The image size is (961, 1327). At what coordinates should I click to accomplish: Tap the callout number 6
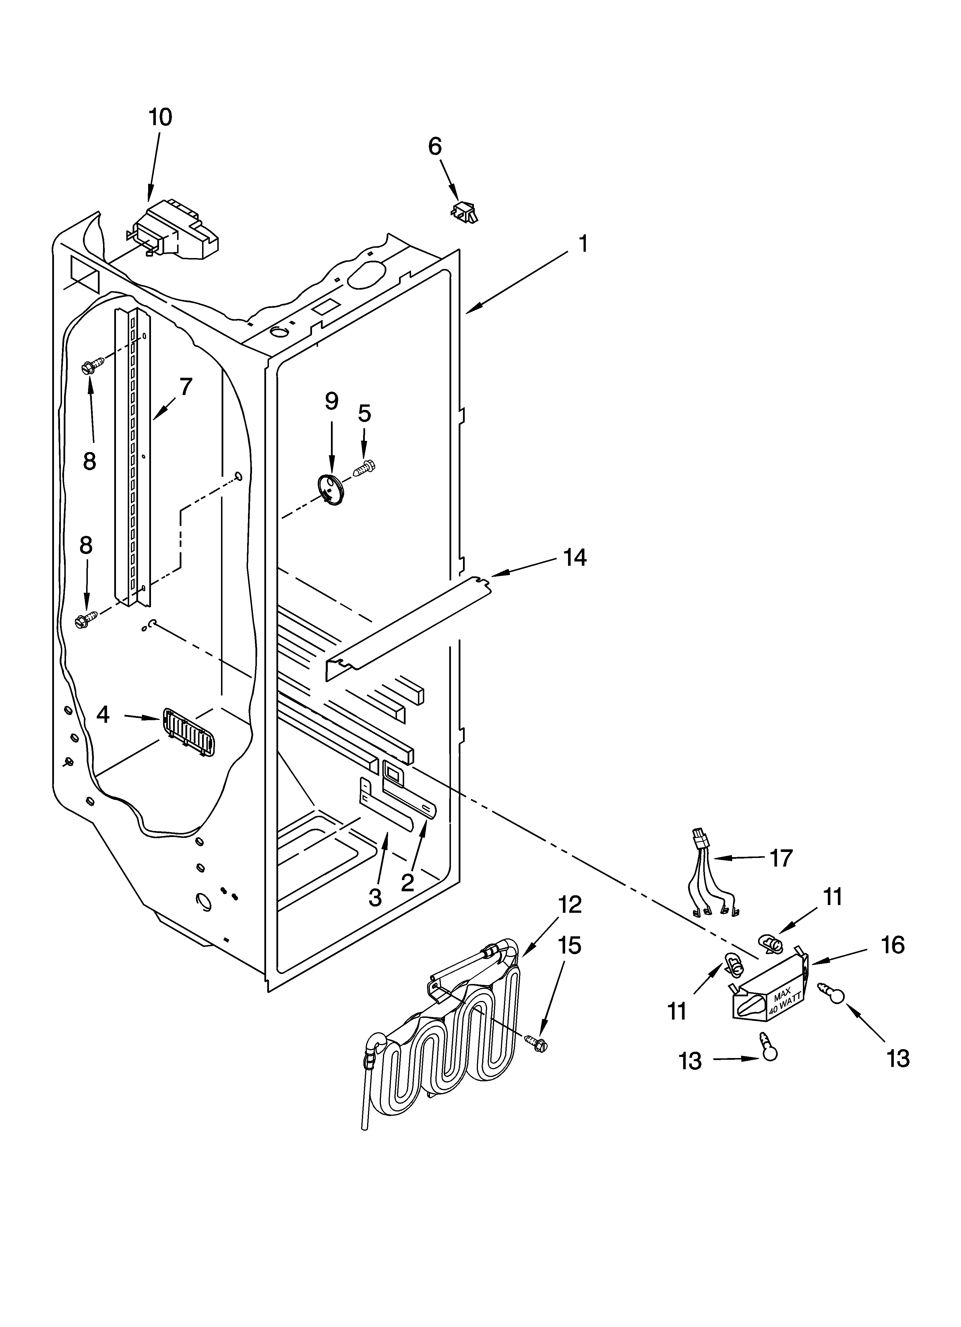[x=435, y=146]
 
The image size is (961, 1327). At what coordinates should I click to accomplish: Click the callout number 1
[x=583, y=243]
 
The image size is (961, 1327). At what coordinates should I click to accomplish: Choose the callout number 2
[x=408, y=882]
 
